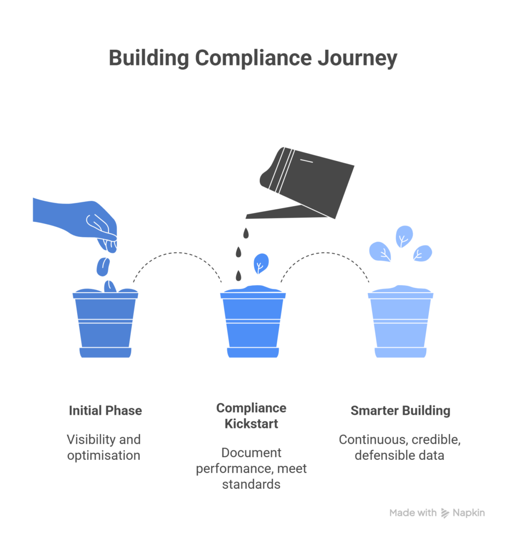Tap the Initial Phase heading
[105, 410]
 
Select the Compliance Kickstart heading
[251, 415]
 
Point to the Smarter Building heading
[400, 410]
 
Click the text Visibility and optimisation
[104, 447]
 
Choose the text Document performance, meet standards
[251, 468]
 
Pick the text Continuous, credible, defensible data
[399, 447]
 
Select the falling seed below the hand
[103, 266]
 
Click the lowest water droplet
[239, 275]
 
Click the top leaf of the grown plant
[404, 237]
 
